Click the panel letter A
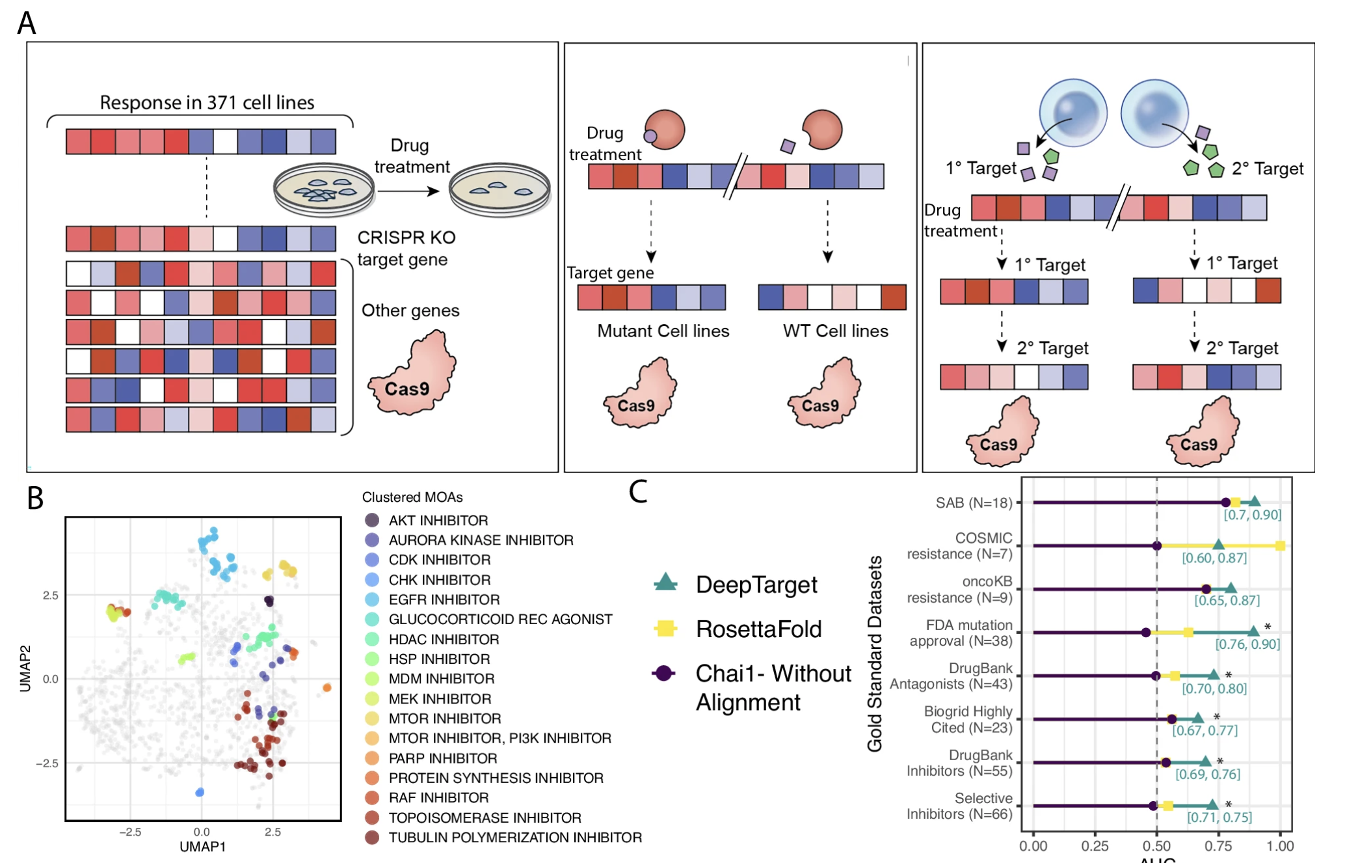click(x=26, y=23)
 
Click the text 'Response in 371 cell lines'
click(x=207, y=102)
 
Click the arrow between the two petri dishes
click(x=410, y=191)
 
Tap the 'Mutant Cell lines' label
click(x=663, y=331)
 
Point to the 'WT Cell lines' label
click(x=835, y=331)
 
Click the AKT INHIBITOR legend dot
click(x=372, y=520)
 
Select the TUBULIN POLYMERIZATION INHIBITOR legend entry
click(x=514, y=838)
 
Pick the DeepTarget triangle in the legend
click(x=665, y=582)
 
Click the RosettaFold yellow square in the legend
click(x=665, y=628)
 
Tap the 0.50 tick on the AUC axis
click(x=1156, y=846)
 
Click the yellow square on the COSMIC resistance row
click(x=1280, y=546)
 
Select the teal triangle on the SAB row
click(x=1255, y=501)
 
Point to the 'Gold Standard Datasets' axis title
click(x=875, y=653)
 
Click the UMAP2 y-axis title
click(x=25, y=668)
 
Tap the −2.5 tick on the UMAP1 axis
click(x=130, y=832)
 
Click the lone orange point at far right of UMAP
click(x=327, y=687)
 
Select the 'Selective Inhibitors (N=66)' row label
click(x=959, y=806)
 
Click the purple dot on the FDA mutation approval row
click(x=1146, y=633)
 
